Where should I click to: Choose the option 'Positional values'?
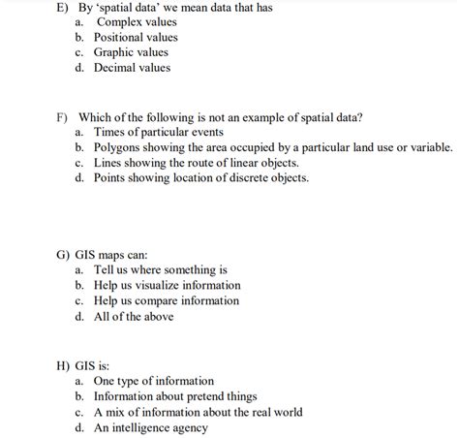click(136, 37)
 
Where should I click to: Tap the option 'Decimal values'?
click(132, 68)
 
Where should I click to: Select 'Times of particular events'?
click(159, 132)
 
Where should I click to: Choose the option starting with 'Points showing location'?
click(201, 178)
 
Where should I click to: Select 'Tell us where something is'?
click(161, 270)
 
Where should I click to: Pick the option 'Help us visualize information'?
click(168, 286)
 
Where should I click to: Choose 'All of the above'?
click(134, 317)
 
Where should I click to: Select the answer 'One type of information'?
click(154, 382)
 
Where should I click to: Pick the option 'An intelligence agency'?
click(150, 427)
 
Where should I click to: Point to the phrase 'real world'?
click(274, 412)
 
